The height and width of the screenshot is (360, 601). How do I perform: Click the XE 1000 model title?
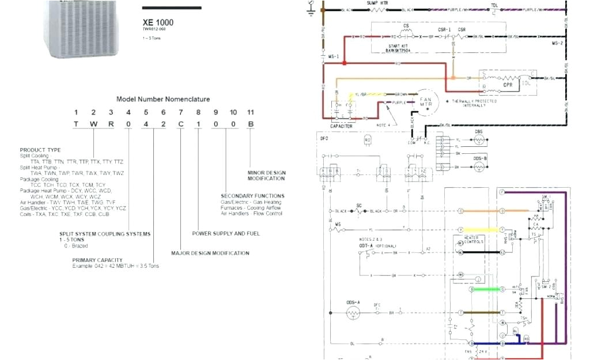tap(158, 22)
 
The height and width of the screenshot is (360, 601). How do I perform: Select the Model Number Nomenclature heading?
tap(163, 99)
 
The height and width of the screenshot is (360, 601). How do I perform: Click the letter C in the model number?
tap(181, 124)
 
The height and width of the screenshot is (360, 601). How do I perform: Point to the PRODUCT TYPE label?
tap(40, 150)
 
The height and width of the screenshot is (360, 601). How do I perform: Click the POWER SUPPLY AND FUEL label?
tap(226, 233)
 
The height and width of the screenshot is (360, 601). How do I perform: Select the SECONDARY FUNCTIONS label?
tap(252, 196)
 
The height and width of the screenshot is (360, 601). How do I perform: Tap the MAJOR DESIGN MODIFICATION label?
tap(210, 253)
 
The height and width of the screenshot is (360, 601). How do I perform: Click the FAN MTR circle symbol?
tap(426, 101)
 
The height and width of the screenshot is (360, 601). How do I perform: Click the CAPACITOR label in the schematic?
tap(341, 126)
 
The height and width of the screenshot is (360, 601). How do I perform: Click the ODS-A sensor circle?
tap(353, 313)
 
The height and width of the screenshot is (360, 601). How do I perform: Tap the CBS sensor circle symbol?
tap(478, 139)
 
